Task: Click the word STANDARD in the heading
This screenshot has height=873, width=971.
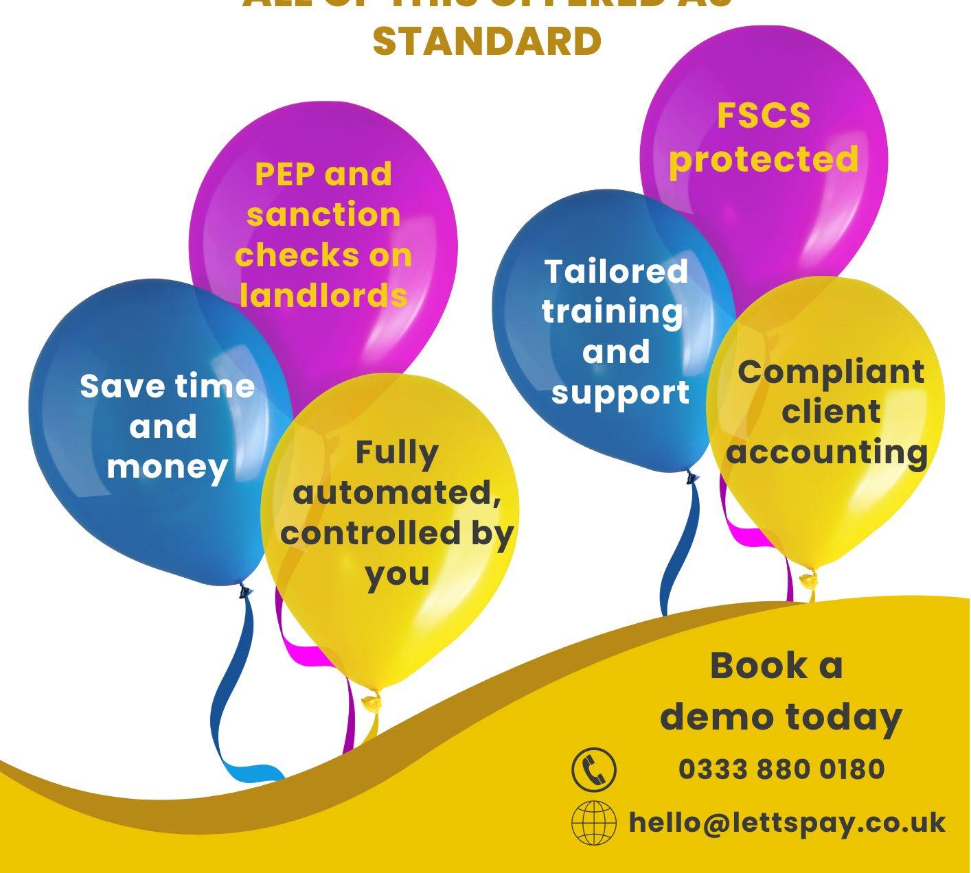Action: [487, 41]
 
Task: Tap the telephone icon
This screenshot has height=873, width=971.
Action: [594, 768]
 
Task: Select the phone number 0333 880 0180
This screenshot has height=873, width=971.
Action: [781, 769]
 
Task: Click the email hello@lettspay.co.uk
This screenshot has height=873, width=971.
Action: [787, 822]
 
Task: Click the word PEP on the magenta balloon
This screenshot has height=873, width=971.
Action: [284, 174]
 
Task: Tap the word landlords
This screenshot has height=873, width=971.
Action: [323, 295]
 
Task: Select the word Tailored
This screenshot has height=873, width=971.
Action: [616, 271]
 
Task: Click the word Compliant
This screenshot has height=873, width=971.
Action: [831, 372]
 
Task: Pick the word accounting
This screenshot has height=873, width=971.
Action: [827, 452]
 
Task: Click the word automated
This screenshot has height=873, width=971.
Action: [397, 493]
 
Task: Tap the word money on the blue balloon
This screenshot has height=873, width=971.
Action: [167, 467]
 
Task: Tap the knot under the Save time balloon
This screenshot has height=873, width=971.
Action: [242, 589]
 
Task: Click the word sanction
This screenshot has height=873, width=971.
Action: [323, 215]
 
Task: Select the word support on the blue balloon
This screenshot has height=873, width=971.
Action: [620, 393]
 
